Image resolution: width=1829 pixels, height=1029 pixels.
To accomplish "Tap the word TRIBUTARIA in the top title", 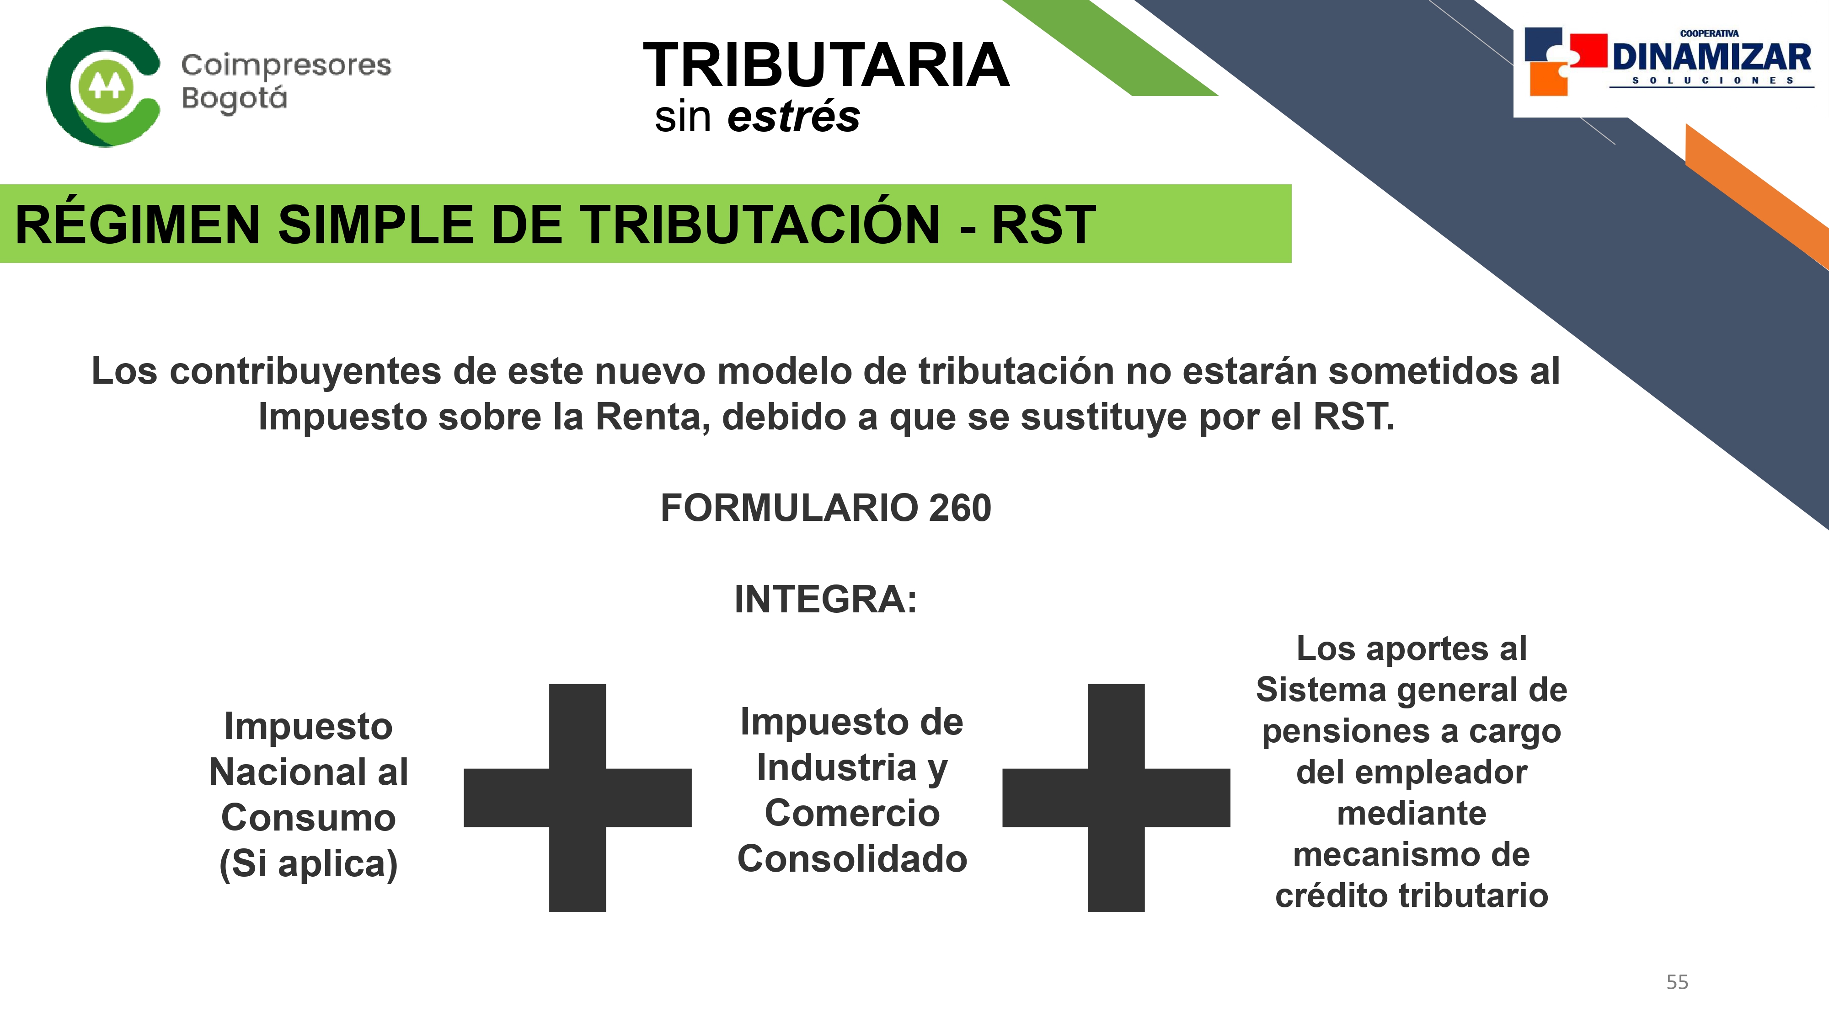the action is pos(826,65).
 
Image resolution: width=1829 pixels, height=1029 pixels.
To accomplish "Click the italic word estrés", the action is pos(793,117).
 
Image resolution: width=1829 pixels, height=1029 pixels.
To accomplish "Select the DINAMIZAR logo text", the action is pos(1711,57).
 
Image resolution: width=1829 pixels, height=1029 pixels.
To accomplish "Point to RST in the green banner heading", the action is pos(1043,225).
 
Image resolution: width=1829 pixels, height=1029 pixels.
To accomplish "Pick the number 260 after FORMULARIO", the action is pos(959,508).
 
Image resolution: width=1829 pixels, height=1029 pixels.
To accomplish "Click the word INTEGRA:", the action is pos(826,600).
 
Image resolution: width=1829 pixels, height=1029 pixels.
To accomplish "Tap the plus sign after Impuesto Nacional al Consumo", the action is pos(577,798).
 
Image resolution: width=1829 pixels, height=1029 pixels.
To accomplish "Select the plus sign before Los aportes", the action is pos(1116,798).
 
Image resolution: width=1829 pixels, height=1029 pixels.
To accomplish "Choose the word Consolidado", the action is pos(852,858).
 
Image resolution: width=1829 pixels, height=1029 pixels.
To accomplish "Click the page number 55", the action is pos(1677,982).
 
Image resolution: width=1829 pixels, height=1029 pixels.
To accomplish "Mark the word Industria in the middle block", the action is pos(837,768).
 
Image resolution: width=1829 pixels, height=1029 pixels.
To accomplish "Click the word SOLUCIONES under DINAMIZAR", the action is pos(1712,80).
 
